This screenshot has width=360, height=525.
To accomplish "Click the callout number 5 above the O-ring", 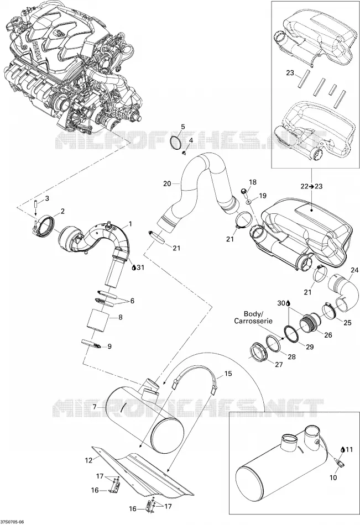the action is coord(182,127).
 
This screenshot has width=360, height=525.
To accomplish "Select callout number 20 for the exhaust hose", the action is coord(168,183).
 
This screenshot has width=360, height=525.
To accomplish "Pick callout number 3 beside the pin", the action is coord(47,198).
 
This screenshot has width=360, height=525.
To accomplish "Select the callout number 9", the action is coord(109,346).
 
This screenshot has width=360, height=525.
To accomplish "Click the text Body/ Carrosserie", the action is coord(253,317).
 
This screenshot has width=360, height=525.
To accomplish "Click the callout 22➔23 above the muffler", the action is coord(311,186).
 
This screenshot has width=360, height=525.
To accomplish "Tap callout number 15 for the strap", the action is coord(228,374).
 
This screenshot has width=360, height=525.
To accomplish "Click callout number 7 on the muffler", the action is coord(95,407).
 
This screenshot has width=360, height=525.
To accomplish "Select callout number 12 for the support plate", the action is coord(88,460).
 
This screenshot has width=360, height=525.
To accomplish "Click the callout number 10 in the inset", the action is coord(333,478).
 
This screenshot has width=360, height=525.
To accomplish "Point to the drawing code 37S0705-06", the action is coord(12,522).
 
